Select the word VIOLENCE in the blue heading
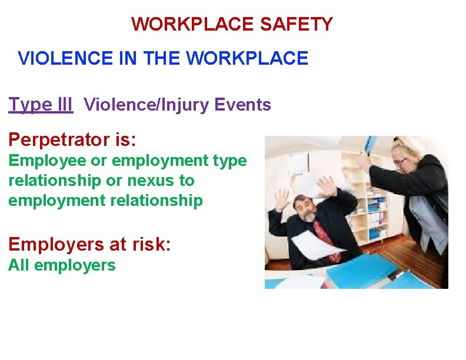pyautogui.click(x=58, y=58)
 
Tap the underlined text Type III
pyautogui.click(x=41, y=105)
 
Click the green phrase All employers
pyautogui.click(x=62, y=265)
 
